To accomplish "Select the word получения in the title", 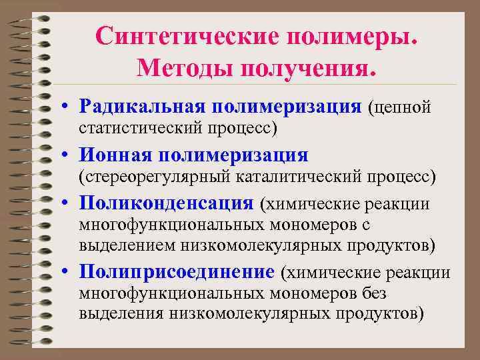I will coord(304,67).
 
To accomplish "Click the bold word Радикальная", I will coord(142,105).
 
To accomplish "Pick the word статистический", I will coord(139,126).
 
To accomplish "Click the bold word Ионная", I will coord(114,155).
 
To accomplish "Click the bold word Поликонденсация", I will coord(166,203).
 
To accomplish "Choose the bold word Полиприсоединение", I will coord(176,272).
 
